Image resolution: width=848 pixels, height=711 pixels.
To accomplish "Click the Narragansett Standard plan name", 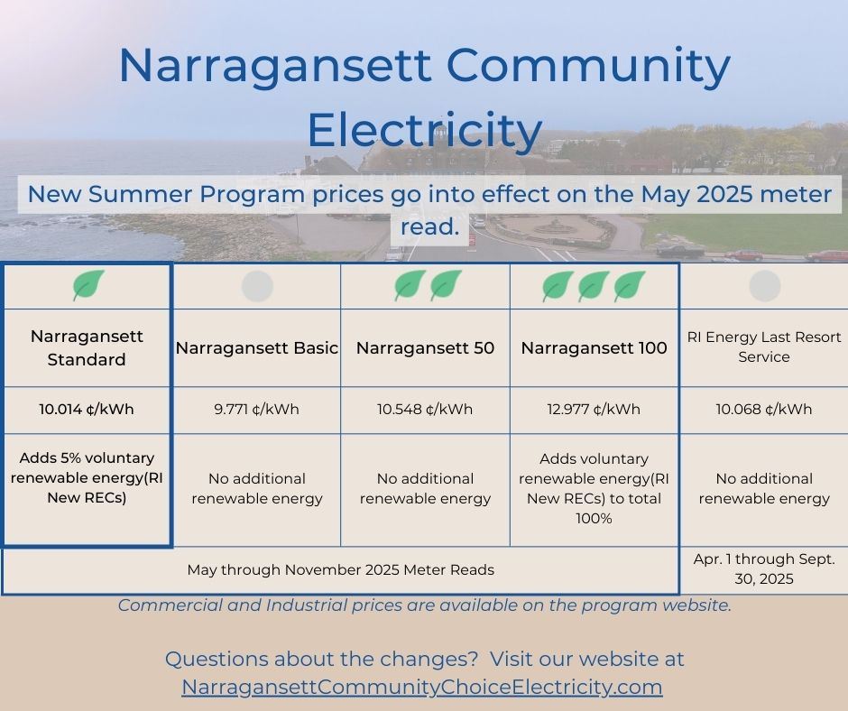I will (87, 347).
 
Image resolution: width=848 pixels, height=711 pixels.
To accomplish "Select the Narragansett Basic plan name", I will (257, 348).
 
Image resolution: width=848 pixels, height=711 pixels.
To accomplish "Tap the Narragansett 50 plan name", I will (425, 348).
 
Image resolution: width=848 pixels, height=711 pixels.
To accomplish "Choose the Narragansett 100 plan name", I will (594, 348).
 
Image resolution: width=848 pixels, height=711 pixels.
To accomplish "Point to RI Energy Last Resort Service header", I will (764, 346).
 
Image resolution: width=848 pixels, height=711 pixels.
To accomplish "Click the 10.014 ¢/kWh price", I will (87, 409).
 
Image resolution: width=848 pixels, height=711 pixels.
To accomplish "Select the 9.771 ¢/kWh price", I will (257, 409).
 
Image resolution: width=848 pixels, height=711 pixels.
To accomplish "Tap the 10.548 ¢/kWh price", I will (425, 409).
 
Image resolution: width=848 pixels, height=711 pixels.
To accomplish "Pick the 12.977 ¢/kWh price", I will (594, 409).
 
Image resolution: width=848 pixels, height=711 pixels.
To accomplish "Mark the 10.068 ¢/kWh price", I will (764, 409).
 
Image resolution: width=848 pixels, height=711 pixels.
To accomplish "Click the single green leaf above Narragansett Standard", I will (88, 286).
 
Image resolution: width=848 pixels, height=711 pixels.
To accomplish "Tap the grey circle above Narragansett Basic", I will (257, 286).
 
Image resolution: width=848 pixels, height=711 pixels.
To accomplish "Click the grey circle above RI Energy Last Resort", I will (764, 286).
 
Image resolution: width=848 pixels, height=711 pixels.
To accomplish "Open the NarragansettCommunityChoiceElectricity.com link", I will (422, 687).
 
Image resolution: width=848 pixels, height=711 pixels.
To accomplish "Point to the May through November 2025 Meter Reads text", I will (340, 569).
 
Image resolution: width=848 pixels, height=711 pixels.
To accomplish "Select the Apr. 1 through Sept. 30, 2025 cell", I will (764, 569).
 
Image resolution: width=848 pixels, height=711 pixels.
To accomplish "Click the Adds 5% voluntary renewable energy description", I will (83, 477).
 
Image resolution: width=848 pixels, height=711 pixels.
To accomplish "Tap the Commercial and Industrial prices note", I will (424, 605).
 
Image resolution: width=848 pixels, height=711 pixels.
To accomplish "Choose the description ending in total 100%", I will (594, 488).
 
